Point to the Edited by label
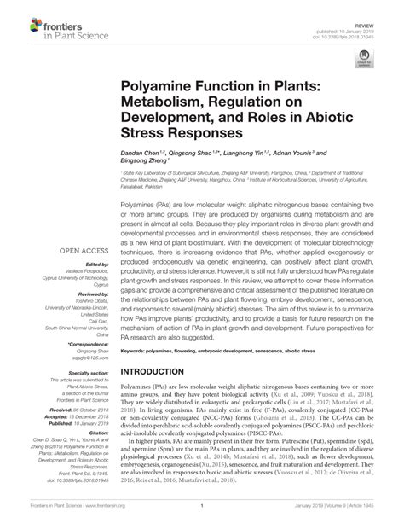click(80, 265)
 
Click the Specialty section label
click(71, 373)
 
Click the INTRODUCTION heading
click(159, 373)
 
